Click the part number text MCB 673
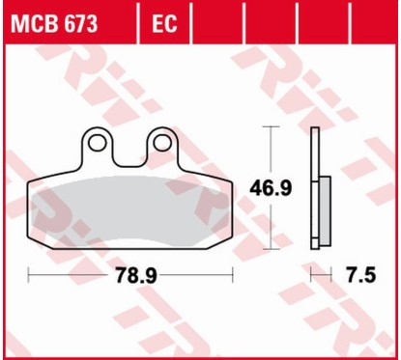point(54,24)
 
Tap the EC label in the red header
point(163,24)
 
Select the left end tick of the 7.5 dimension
point(311,275)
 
